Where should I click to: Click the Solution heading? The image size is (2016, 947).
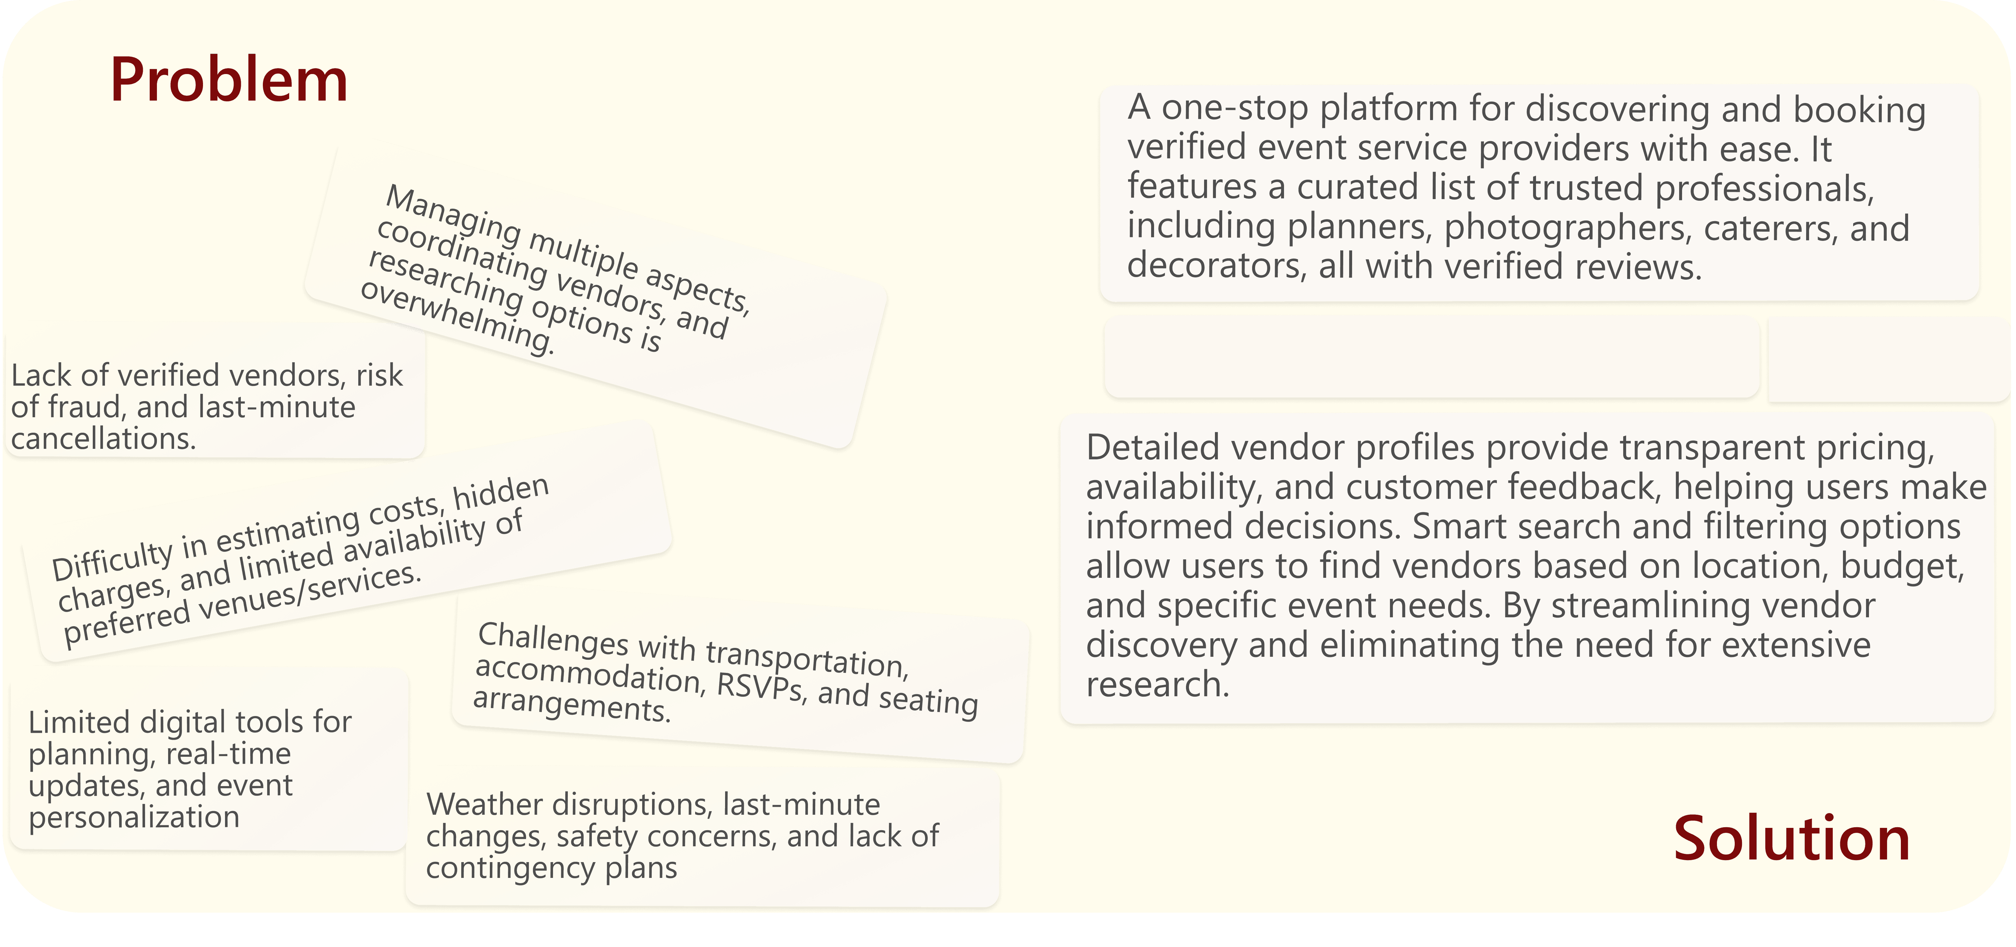[1791, 838]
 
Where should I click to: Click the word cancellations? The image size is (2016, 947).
[103, 439]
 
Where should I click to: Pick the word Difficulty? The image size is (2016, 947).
[112, 558]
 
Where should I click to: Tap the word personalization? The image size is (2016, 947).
[134, 817]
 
